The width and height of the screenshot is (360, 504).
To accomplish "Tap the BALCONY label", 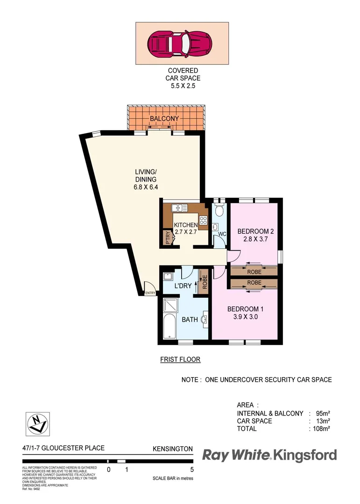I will (164, 119).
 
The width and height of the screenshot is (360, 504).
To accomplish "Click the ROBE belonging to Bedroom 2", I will (254, 271).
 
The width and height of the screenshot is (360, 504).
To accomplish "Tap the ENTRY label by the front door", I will (150, 293).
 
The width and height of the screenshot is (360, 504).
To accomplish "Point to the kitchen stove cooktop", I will (204, 221).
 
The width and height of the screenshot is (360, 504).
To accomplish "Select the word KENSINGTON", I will (173, 449).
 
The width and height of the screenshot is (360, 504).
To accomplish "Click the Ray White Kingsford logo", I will (269, 455).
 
